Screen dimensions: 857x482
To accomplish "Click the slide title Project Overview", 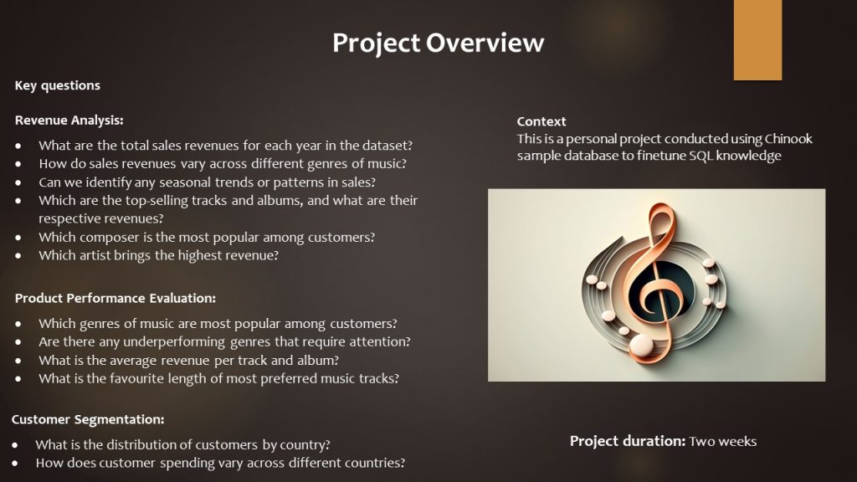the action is coord(438,44).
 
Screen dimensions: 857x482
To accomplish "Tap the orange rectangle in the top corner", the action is coord(757,40).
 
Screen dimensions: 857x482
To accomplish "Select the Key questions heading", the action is coord(58,85).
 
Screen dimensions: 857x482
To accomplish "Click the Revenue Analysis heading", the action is coord(69,120).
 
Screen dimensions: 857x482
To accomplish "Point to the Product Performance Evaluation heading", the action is coord(115,299).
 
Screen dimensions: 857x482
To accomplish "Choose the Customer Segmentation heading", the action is coord(88,420).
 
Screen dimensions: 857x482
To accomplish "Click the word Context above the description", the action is coord(541,121).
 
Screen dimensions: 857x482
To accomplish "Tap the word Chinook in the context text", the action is coord(788,139).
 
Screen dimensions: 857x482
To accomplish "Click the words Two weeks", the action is coord(722,442).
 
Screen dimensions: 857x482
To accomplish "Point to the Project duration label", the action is coord(628,442).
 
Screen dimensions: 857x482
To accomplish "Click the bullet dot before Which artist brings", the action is coord(18,256).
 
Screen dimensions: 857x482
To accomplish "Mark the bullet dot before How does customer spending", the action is coord(15,464).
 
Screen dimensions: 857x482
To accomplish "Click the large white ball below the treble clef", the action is coord(641,346).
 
